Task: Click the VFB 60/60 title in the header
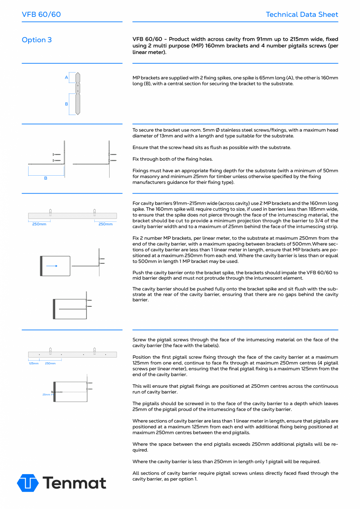pos(41,14)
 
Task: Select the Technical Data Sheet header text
pos(302,14)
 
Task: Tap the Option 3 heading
pos(37,40)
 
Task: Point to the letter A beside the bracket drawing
pos(67,77)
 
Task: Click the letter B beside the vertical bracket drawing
pos(67,104)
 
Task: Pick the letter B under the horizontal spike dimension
pos(45,178)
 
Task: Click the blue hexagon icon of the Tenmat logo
pos(28,483)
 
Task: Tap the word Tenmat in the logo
pos(74,483)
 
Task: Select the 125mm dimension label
pos(34,363)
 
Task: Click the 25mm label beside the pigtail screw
pos(46,394)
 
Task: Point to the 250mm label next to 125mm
pos(50,363)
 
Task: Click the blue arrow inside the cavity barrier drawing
pos(52,266)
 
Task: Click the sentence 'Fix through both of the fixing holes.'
pos(173,159)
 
